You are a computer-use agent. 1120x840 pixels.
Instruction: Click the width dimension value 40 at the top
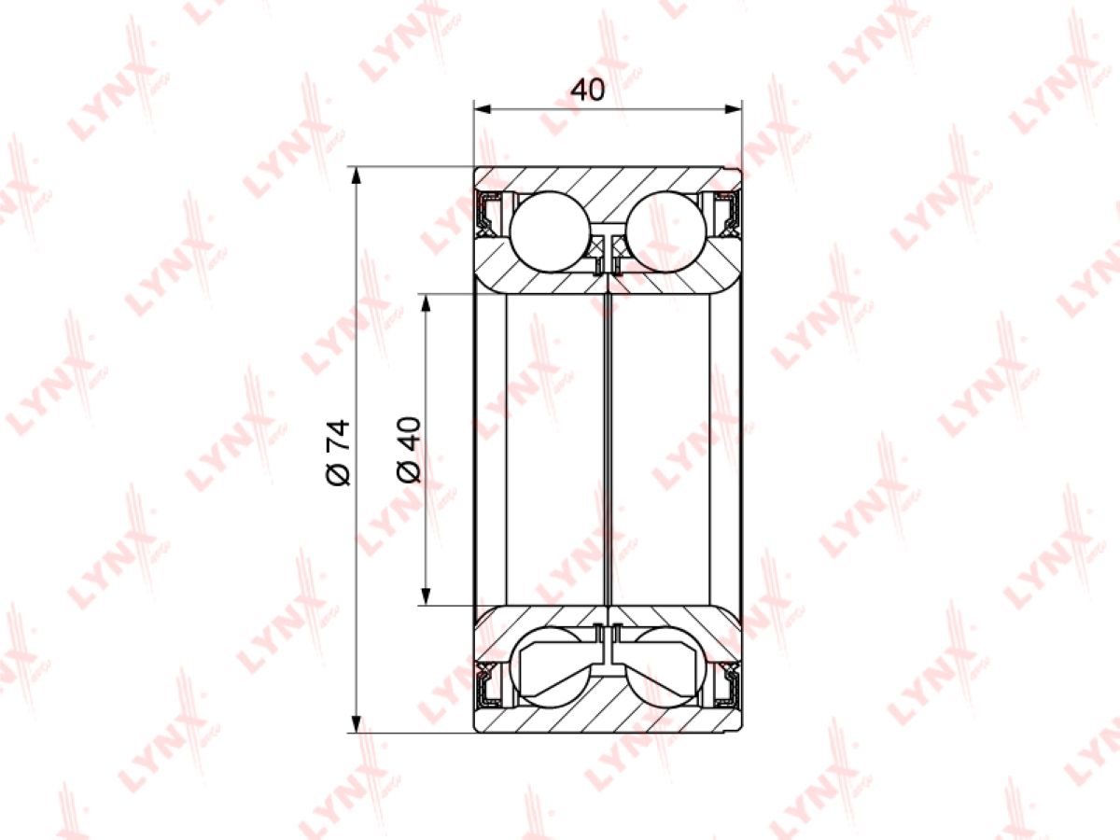click(x=587, y=91)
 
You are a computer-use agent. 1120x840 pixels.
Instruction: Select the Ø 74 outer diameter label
click(x=338, y=452)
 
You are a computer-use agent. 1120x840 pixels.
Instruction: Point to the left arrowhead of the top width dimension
click(x=482, y=109)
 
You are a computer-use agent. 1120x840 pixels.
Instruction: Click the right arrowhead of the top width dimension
click(x=734, y=109)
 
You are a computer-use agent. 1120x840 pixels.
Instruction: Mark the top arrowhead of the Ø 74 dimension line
click(x=357, y=175)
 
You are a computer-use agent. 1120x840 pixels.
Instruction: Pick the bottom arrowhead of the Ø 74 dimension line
click(x=357, y=724)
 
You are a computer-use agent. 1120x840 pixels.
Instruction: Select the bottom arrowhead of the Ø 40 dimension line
click(x=426, y=596)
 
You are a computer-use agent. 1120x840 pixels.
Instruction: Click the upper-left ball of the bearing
click(x=550, y=232)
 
